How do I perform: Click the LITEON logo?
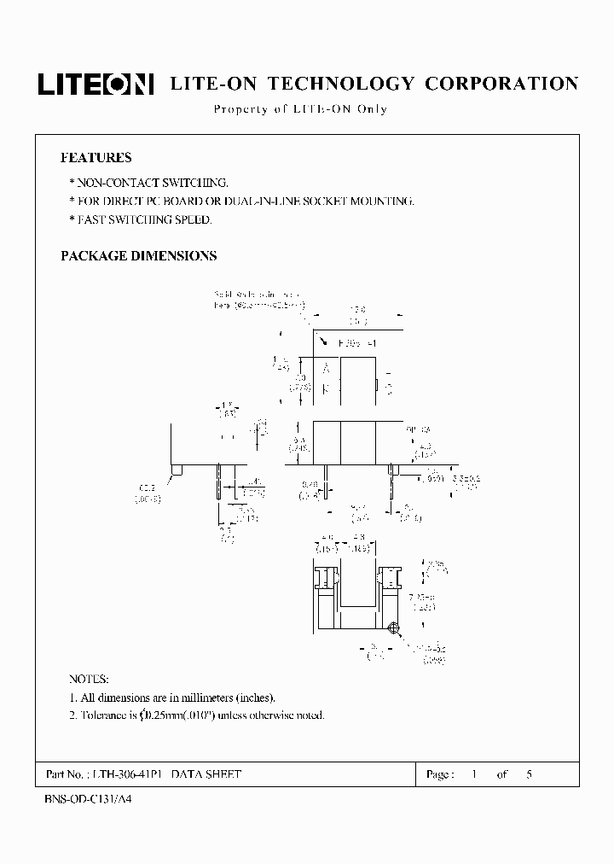pyautogui.click(x=95, y=84)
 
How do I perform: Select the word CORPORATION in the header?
pyautogui.click(x=501, y=84)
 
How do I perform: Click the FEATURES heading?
pyautogui.click(x=96, y=158)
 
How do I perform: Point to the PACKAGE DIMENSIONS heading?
pyautogui.click(x=139, y=255)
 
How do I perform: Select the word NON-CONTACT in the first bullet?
pyautogui.click(x=112, y=183)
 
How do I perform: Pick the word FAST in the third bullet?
pyautogui.click(x=91, y=219)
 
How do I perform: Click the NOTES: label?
pyautogui.click(x=89, y=680)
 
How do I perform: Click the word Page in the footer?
pyautogui.click(x=439, y=774)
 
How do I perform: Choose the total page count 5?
pyautogui.click(x=530, y=774)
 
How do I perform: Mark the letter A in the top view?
pyautogui.click(x=325, y=367)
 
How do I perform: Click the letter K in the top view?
pyautogui.click(x=325, y=388)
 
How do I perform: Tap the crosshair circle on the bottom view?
pyautogui.click(x=394, y=630)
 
